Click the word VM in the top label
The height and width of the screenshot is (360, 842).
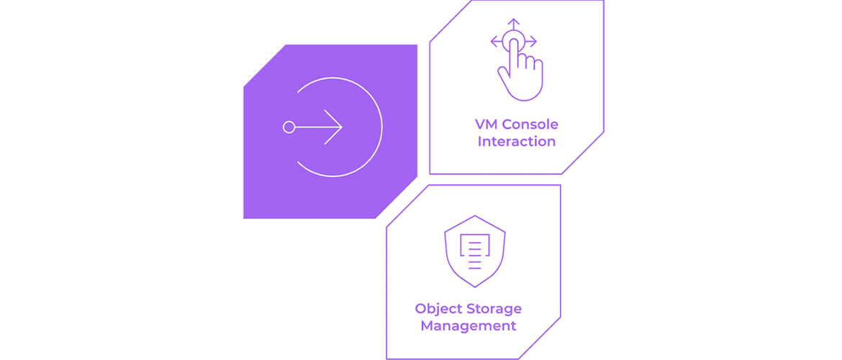[x=484, y=125]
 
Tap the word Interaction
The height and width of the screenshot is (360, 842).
[x=517, y=142]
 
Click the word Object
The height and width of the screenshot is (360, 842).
[x=437, y=309]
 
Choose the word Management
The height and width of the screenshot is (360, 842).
[x=468, y=326]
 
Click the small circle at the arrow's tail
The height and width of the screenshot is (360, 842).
[x=289, y=127]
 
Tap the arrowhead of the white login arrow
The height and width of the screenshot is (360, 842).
[x=333, y=127]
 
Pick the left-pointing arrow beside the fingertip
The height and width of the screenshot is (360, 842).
[x=497, y=41]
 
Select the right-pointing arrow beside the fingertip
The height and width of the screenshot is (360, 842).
[x=530, y=41]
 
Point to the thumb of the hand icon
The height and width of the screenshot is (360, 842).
[x=504, y=74]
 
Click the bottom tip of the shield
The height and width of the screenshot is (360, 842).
[x=475, y=287]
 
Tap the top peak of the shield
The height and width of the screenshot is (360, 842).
[x=475, y=215]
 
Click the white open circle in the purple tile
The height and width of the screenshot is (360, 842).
[x=381, y=127]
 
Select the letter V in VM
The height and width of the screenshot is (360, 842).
[x=479, y=125]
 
